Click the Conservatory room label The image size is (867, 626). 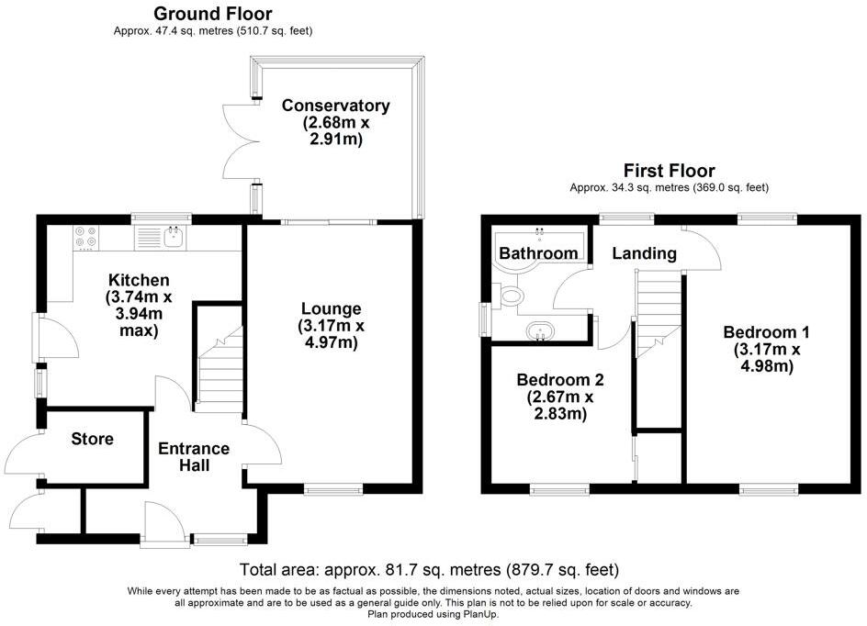click(x=335, y=106)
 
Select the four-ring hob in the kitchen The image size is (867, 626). click(x=85, y=238)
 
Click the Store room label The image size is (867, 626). click(x=93, y=439)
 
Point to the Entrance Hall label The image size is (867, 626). click(x=194, y=456)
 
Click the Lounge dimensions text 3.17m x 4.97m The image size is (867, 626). click(x=332, y=334)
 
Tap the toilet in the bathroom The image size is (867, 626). click(x=509, y=296)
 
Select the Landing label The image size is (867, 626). click(x=644, y=253)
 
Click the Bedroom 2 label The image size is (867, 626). click(x=560, y=380)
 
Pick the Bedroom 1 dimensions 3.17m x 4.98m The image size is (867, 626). click(x=767, y=358)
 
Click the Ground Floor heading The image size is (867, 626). click(x=213, y=13)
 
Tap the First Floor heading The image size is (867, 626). click(x=669, y=170)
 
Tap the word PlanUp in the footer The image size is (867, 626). click(x=480, y=614)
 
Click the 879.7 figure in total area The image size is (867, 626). click(x=533, y=570)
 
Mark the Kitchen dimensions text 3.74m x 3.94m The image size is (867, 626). click(x=139, y=314)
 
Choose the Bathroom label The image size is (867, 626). click(x=538, y=253)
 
